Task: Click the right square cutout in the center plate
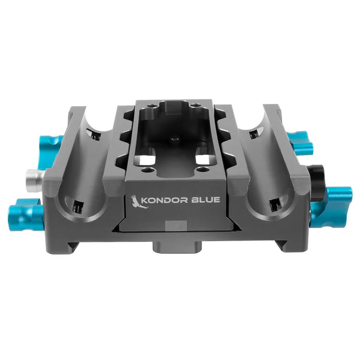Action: click(205, 161)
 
